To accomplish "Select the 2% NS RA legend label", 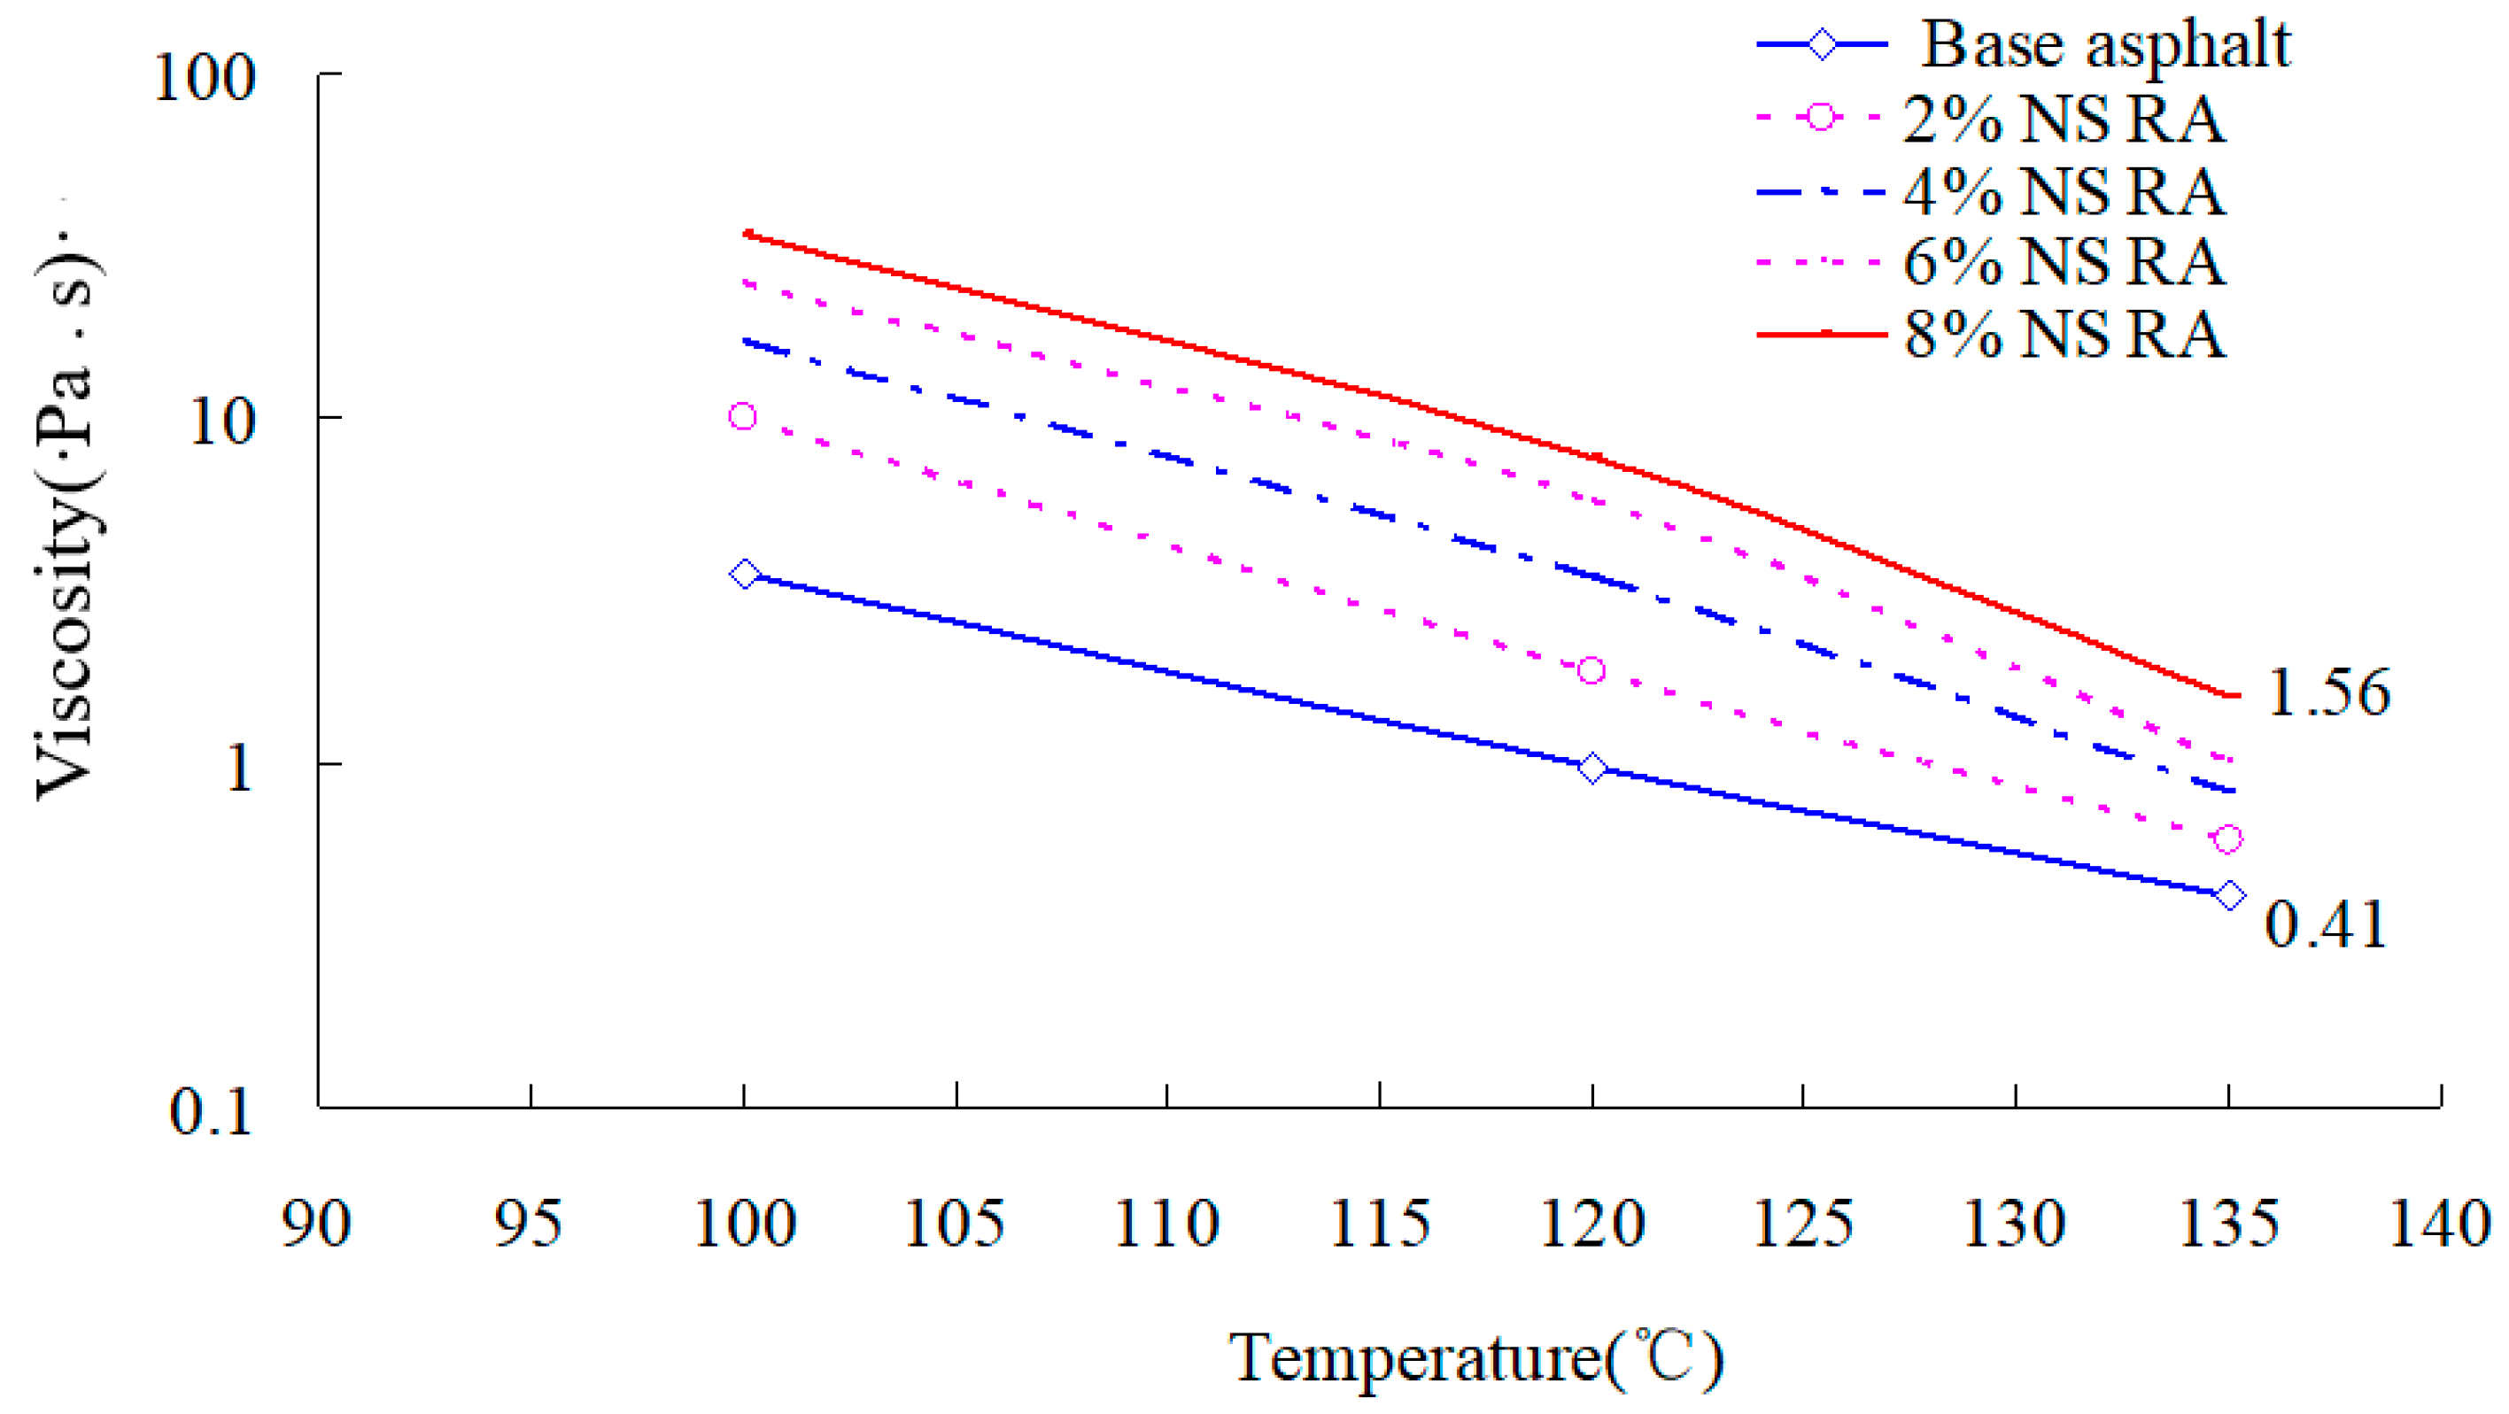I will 2064,120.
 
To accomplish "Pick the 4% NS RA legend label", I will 2064,192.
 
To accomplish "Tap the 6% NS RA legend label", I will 2064,263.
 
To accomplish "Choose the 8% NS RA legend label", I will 2064,335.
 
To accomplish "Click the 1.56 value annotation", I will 2327,693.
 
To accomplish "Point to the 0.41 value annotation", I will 2325,924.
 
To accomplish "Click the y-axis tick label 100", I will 205,77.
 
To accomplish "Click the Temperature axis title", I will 1475,1357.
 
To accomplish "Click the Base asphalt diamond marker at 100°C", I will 744,574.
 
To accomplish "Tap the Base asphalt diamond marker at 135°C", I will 2229,896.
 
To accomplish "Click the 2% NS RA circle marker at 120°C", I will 1591,671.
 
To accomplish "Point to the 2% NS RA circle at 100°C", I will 742,417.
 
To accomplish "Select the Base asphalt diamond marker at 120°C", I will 1591,769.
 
